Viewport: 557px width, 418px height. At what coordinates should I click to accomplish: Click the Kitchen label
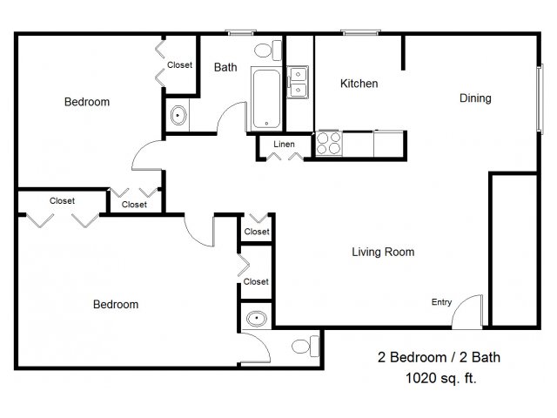359,84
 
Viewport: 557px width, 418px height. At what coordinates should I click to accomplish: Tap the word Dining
475,98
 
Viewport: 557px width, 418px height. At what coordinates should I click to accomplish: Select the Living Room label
383,252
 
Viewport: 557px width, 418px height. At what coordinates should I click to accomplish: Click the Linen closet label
284,145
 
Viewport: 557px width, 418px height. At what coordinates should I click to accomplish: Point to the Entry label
441,302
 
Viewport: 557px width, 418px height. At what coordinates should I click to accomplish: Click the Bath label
225,67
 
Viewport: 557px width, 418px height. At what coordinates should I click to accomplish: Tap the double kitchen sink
298,82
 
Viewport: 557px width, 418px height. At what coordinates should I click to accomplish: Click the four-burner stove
329,143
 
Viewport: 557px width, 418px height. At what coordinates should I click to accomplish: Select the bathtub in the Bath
266,98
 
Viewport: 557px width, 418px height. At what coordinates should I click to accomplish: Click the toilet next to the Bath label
268,51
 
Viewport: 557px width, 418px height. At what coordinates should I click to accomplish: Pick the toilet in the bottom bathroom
305,347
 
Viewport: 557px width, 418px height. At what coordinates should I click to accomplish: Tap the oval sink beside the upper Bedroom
178,115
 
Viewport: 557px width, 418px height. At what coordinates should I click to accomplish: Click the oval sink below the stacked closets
257,319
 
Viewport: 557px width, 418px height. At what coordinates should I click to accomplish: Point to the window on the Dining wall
540,98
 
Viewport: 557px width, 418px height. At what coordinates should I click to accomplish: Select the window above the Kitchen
360,33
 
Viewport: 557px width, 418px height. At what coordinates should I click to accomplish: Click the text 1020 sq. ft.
441,378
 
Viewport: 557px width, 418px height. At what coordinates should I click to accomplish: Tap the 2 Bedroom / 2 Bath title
439,357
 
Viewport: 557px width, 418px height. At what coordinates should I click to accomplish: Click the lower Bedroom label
116,305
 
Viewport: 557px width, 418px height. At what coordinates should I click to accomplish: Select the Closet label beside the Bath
180,65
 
